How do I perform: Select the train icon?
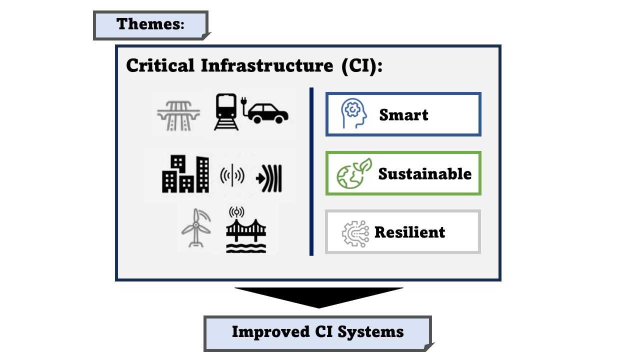click(x=226, y=112)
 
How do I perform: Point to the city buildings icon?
click(x=185, y=173)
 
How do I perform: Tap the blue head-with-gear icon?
click(x=353, y=113)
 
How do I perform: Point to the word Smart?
click(x=403, y=115)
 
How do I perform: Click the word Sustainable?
click(x=424, y=174)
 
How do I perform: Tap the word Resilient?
click(x=409, y=232)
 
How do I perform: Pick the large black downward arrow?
click(x=319, y=296)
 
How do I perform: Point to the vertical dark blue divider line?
click(x=311, y=171)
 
